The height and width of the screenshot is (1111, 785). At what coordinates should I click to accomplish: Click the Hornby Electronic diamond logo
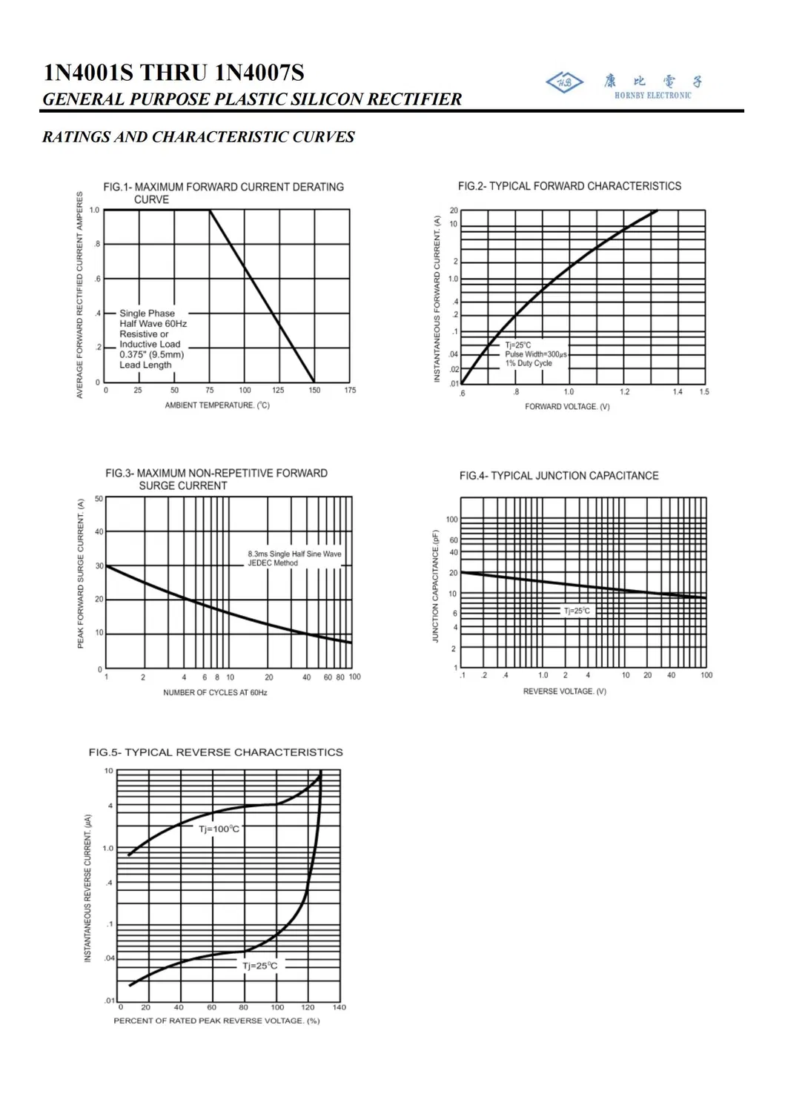pyautogui.click(x=564, y=82)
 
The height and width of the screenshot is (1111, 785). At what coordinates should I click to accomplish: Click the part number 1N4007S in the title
pyautogui.click(x=259, y=73)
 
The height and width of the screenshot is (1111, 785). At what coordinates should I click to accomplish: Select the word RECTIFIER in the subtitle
pyautogui.click(x=414, y=99)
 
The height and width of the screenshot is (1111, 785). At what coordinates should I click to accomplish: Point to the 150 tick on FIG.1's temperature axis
pyautogui.click(x=314, y=391)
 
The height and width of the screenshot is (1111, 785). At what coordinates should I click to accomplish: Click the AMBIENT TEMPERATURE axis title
pyautogui.click(x=217, y=405)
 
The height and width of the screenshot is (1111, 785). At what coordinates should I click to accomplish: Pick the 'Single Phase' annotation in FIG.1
pyautogui.click(x=147, y=314)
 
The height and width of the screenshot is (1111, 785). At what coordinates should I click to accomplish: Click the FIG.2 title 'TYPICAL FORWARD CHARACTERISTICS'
pyautogui.click(x=569, y=186)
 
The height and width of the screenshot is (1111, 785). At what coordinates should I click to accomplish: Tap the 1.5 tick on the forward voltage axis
pyautogui.click(x=703, y=392)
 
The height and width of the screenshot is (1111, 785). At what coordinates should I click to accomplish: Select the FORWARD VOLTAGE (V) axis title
pyautogui.click(x=567, y=407)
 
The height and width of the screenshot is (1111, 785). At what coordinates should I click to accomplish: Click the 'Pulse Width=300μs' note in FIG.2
pyautogui.click(x=535, y=354)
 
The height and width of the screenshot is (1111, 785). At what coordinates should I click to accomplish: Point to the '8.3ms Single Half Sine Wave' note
pyautogui.click(x=294, y=554)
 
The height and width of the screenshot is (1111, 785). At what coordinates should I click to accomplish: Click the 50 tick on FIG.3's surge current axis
pyautogui.click(x=99, y=499)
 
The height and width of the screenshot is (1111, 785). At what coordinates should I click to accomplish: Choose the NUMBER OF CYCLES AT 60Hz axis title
pyautogui.click(x=215, y=692)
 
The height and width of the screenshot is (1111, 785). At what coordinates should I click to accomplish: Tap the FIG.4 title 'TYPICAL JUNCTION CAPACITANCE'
pyautogui.click(x=559, y=476)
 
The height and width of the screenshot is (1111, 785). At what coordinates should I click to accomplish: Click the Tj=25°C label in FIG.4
pyautogui.click(x=577, y=611)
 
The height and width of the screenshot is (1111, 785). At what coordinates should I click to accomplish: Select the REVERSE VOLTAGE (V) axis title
pyautogui.click(x=564, y=692)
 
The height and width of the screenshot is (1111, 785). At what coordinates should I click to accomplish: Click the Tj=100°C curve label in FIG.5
pyautogui.click(x=219, y=829)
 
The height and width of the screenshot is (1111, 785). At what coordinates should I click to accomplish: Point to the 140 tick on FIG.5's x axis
pyautogui.click(x=339, y=1007)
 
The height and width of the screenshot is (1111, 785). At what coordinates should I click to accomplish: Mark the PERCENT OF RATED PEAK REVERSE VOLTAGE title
pyautogui.click(x=216, y=1021)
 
